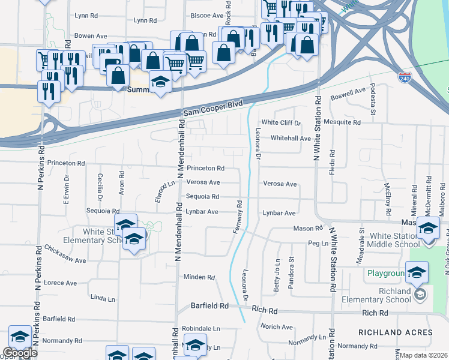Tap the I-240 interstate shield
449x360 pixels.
[405, 77]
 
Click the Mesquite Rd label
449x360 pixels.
[342, 122]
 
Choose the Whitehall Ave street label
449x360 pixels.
[291, 138]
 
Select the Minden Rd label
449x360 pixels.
[199, 277]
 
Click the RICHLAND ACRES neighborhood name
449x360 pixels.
[395, 332]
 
